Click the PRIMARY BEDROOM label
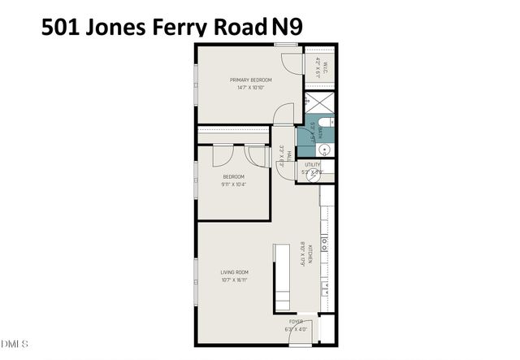point(250,80)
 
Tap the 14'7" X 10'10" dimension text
point(250,88)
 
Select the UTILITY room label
point(313,165)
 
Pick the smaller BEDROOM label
point(235,176)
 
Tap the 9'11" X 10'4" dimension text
point(235,184)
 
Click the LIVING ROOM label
point(234,272)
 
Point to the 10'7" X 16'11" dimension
point(234,280)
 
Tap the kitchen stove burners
point(326,243)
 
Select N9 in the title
point(287,26)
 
